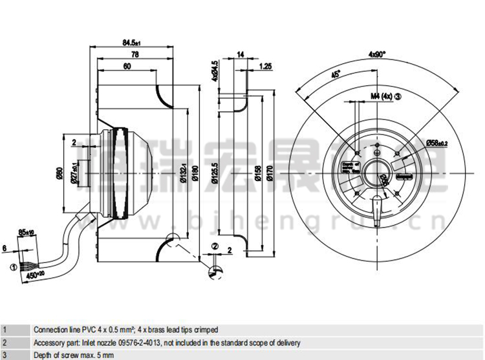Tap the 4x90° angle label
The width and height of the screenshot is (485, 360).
point(377,54)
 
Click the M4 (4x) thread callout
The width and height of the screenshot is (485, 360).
point(382,96)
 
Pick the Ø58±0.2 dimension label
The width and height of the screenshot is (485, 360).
point(437,142)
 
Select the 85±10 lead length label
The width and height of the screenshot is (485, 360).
point(26,231)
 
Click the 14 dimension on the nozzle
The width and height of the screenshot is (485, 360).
point(241,56)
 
